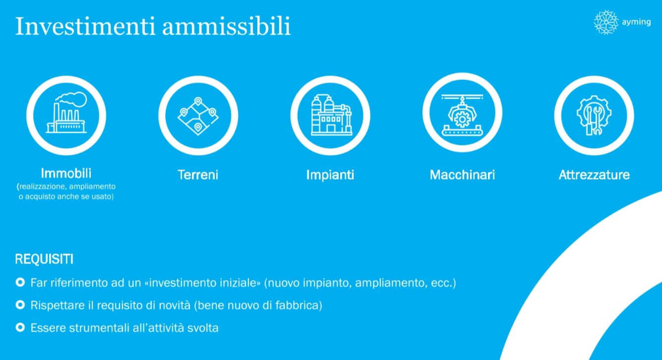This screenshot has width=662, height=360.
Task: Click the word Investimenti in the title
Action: pos(85,26)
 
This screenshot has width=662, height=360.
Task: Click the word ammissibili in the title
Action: pos(227,26)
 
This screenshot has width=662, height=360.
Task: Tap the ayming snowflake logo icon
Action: pos(606,22)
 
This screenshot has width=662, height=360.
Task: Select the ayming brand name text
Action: pos(636,22)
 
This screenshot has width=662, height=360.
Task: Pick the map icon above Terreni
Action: pos(198,116)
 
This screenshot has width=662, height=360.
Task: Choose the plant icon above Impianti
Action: pos(331,115)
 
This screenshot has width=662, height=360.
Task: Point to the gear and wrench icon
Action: pos(594,116)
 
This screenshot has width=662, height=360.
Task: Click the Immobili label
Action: pos(66,174)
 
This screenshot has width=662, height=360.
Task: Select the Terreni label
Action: pos(198,175)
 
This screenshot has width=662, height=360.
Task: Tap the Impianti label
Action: pos(330,175)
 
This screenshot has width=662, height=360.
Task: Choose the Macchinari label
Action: pos(462,175)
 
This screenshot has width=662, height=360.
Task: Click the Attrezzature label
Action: pos(595,175)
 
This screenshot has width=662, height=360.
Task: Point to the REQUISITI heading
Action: pos(44,259)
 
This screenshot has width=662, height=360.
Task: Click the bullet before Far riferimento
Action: pos(20,282)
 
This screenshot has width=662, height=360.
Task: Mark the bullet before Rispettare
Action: pos(20,305)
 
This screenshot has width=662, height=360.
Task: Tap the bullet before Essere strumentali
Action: pos(20,327)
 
